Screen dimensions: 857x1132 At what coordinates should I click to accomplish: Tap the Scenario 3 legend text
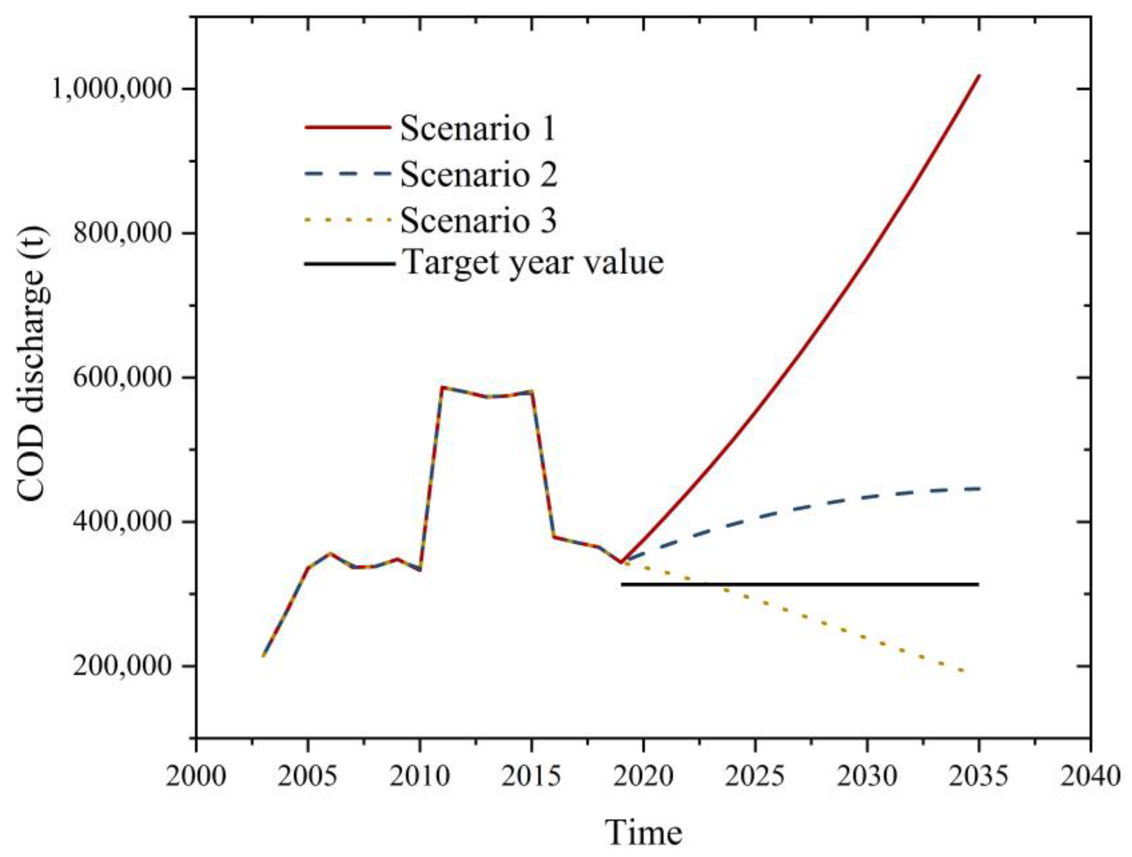478,221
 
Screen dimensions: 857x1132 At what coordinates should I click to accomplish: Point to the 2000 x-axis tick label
195,776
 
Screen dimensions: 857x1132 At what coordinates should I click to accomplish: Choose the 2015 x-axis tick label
531,776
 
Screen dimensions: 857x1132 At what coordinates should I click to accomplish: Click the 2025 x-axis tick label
756,776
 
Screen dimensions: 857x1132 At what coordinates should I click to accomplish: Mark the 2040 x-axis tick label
1091,776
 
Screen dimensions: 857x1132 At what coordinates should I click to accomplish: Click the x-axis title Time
643,832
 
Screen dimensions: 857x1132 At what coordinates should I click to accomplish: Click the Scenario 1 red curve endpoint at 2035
979,76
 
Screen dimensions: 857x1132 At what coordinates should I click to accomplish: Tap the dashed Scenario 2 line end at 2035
978,488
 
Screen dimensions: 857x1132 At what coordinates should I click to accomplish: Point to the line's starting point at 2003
263,655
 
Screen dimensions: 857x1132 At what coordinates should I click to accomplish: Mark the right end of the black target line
978,584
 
